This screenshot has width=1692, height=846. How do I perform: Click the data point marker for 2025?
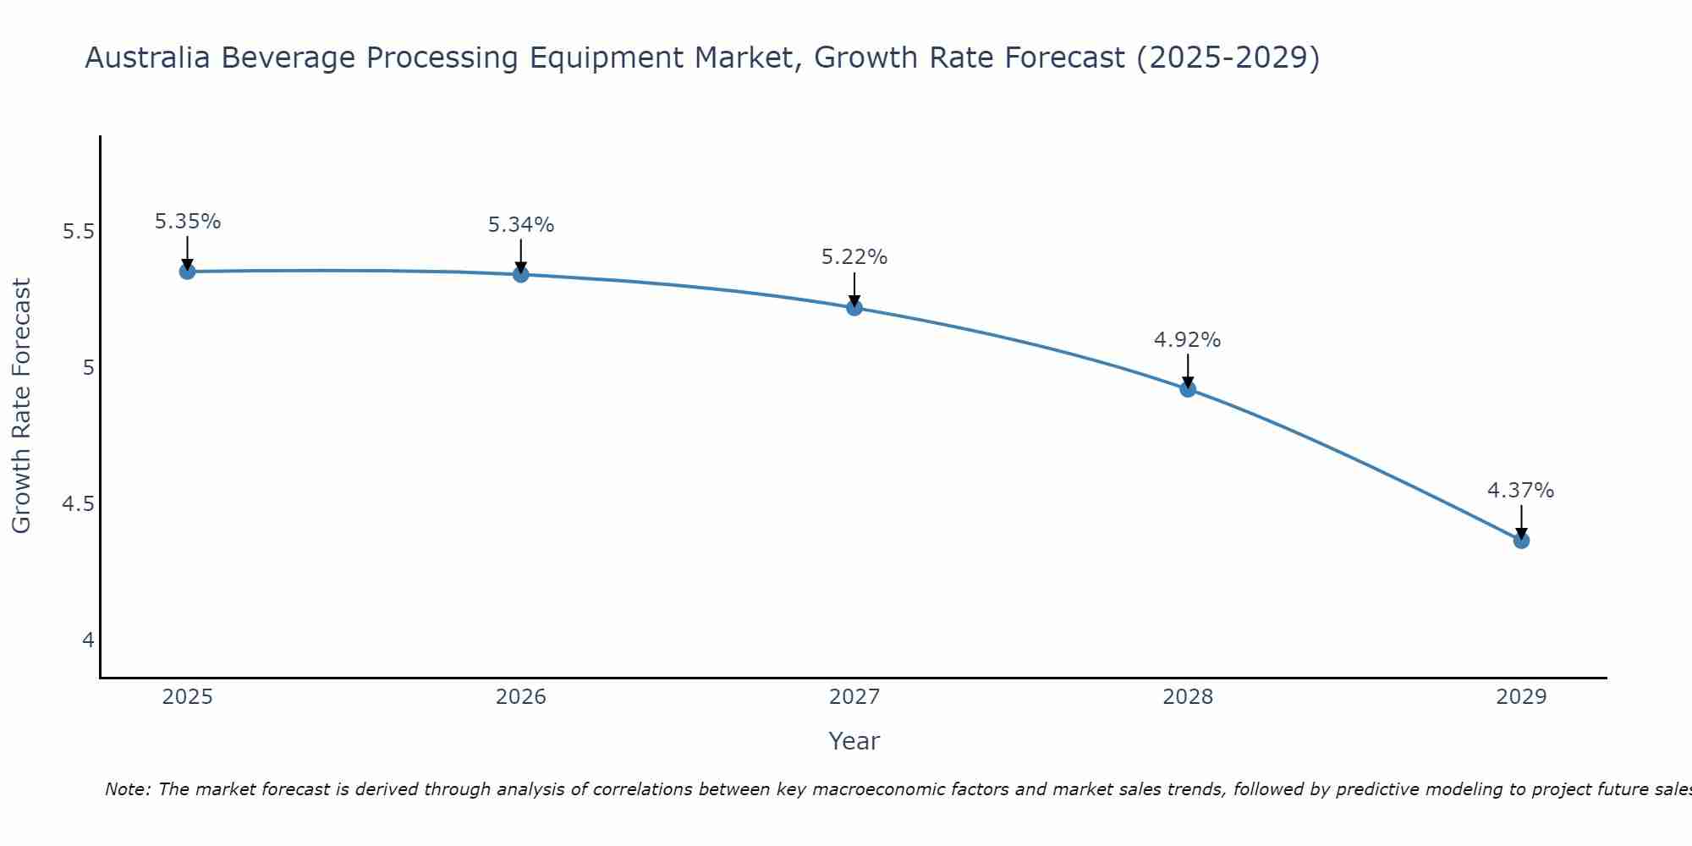[x=187, y=272]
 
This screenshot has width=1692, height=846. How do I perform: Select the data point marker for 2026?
[x=520, y=274]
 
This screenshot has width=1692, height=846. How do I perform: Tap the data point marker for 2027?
[x=854, y=307]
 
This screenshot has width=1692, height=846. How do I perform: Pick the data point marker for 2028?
[x=1188, y=389]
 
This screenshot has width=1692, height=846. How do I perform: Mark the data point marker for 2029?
[x=1521, y=540]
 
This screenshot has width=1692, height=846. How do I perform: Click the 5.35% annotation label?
[x=188, y=222]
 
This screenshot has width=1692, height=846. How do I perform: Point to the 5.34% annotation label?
[x=521, y=225]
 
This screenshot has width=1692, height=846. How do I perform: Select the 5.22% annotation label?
[x=854, y=257]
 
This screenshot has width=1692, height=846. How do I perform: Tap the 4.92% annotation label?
[x=1188, y=340]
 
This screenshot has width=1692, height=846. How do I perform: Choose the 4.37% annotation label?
[x=1521, y=491]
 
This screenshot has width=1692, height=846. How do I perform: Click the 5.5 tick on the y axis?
[x=79, y=232]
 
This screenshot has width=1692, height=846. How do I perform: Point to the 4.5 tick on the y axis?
[x=79, y=504]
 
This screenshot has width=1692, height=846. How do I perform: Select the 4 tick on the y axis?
[x=88, y=640]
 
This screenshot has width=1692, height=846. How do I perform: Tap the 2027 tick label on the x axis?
[x=854, y=697]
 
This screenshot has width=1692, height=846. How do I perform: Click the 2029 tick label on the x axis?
[x=1521, y=697]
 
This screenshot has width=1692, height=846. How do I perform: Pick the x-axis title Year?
[x=854, y=741]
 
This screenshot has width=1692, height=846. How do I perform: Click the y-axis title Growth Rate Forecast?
[x=22, y=406]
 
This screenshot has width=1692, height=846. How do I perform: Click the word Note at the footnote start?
[x=127, y=789]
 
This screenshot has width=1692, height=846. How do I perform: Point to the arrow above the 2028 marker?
[x=1188, y=370]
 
